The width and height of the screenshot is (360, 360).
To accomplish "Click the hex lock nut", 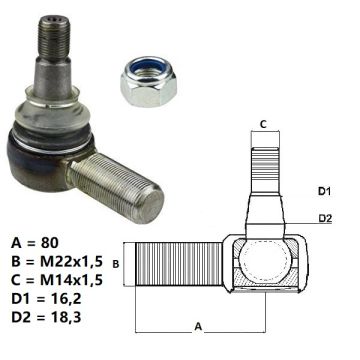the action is click(148, 82).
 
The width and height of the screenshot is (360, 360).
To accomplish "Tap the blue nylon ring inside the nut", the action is click(147, 68).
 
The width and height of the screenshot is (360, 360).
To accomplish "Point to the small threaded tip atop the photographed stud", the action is click(54, 37).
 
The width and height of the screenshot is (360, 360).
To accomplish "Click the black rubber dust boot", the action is click(50, 140).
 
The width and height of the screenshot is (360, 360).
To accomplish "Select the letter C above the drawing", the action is click(263, 124).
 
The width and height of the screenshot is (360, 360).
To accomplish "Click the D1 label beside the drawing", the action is click(326, 191).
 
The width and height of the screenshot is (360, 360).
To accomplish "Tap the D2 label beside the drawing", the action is click(326, 218).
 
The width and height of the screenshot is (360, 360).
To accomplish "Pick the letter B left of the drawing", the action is click(116, 264).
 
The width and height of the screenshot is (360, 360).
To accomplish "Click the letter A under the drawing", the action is click(198, 326).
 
